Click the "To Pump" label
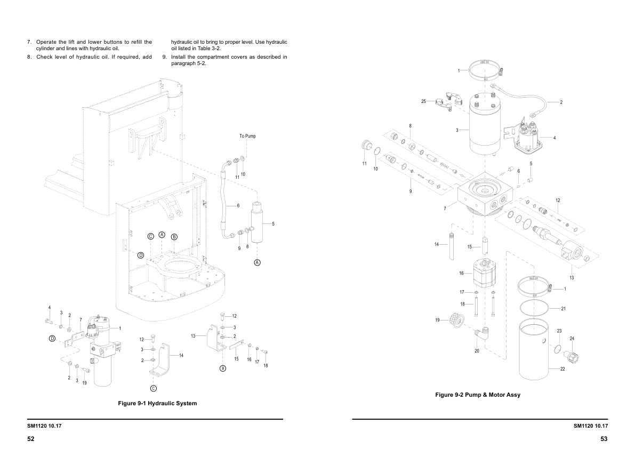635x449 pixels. pyautogui.click(x=247, y=136)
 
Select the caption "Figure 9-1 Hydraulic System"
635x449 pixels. pyautogui.click(x=157, y=403)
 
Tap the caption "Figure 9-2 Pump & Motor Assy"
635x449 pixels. pyautogui.click(x=478, y=395)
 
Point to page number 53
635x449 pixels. pyautogui.click(x=604, y=438)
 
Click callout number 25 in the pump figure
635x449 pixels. pyautogui.click(x=424, y=101)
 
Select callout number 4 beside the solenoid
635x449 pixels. pyautogui.click(x=554, y=138)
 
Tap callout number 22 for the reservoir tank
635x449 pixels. pyautogui.click(x=562, y=369)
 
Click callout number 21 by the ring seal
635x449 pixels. pyautogui.click(x=564, y=309)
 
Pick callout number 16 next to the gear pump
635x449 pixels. pyautogui.click(x=462, y=273)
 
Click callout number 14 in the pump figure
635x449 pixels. pyautogui.click(x=436, y=244)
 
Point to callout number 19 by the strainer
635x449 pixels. pyautogui.click(x=437, y=320)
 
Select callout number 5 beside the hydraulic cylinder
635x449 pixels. pyautogui.click(x=273, y=224)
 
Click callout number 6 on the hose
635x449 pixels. pyautogui.click(x=238, y=205)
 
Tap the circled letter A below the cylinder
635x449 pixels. pyautogui.click(x=257, y=262)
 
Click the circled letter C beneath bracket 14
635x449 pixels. pyautogui.click(x=153, y=388)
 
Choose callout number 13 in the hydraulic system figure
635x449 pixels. pyautogui.click(x=194, y=335)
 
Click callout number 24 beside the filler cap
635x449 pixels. pyautogui.click(x=572, y=339)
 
